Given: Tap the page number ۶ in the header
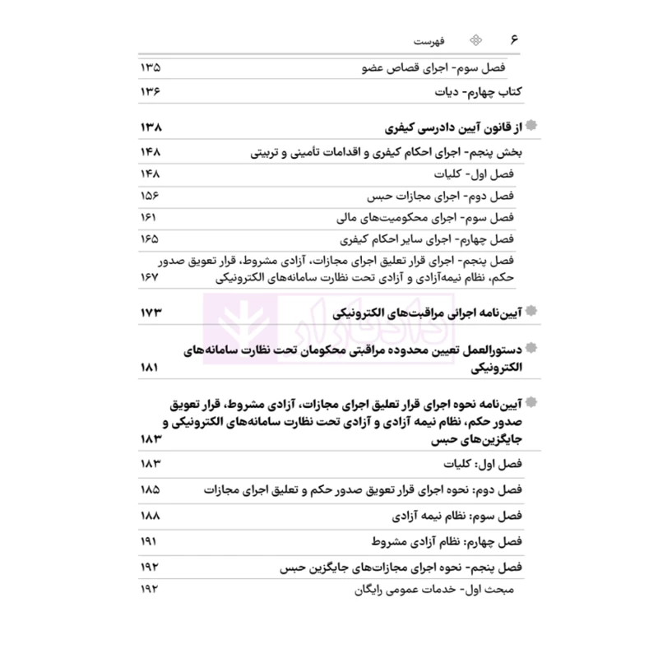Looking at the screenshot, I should pyautogui.click(x=516, y=40).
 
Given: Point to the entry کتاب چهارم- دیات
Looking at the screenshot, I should pyautogui.click(x=479, y=92).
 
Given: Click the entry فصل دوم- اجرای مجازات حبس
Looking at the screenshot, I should pyautogui.click(x=443, y=197).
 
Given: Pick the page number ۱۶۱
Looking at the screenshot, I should pyautogui.click(x=149, y=219).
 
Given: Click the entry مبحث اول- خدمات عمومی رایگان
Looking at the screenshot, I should pyautogui.click(x=438, y=590).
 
